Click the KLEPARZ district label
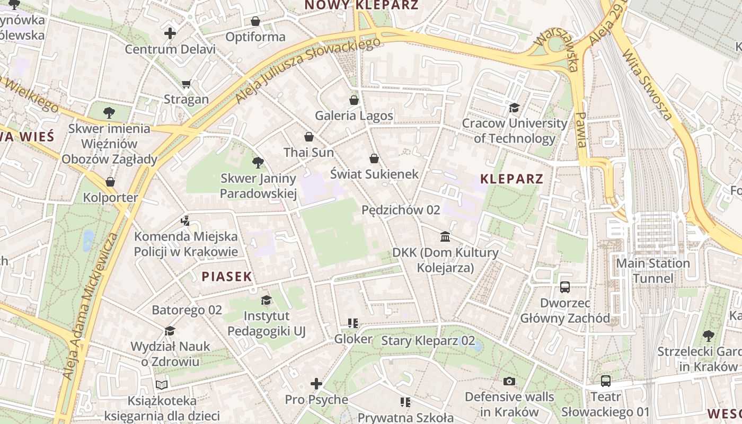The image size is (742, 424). (511, 179)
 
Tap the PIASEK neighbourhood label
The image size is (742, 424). (226, 276)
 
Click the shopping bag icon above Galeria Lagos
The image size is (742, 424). (354, 100)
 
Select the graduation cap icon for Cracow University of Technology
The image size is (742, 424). (514, 108)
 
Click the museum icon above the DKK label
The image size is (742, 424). (445, 236)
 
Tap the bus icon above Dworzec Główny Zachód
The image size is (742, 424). (565, 287)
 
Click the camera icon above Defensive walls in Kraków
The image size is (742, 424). (509, 381)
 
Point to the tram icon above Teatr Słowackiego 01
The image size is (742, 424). (605, 381)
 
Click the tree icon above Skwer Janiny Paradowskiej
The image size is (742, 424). (258, 162)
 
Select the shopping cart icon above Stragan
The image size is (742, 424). (186, 84)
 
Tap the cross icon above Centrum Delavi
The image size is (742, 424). (170, 33)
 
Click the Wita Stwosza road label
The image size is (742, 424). (647, 85)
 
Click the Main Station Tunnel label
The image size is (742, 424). (652, 270)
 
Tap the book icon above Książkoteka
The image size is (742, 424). (162, 385)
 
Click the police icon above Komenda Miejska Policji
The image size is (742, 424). (185, 220)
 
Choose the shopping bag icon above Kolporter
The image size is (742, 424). (110, 182)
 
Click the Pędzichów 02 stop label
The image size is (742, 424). (401, 210)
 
